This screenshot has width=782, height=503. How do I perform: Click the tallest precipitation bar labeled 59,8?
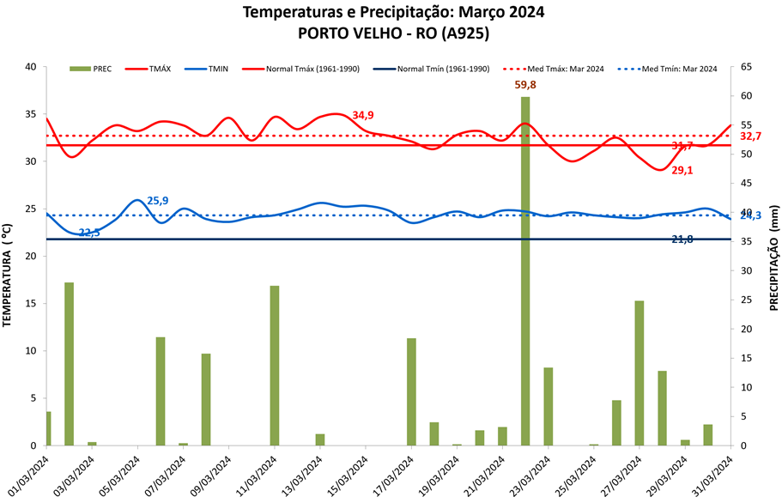pos(524,270)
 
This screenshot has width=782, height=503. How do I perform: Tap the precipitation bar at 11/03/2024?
pos(275,365)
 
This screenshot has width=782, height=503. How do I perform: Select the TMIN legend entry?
pos(210,69)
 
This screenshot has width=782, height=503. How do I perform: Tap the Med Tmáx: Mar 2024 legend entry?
pos(576,69)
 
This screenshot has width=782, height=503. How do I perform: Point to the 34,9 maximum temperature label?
pos(363,116)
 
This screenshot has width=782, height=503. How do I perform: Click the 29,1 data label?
pos(682,171)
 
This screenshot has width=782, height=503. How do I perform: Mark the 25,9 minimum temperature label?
pos(158,201)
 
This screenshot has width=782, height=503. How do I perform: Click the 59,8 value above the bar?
pos(525,85)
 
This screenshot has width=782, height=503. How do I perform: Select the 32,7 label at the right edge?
pos(751,136)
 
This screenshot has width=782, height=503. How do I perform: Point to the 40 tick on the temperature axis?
pos(30,67)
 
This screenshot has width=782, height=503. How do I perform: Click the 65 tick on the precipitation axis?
pos(746,67)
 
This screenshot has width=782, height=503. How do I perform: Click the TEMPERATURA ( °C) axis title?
pos(8,275)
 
